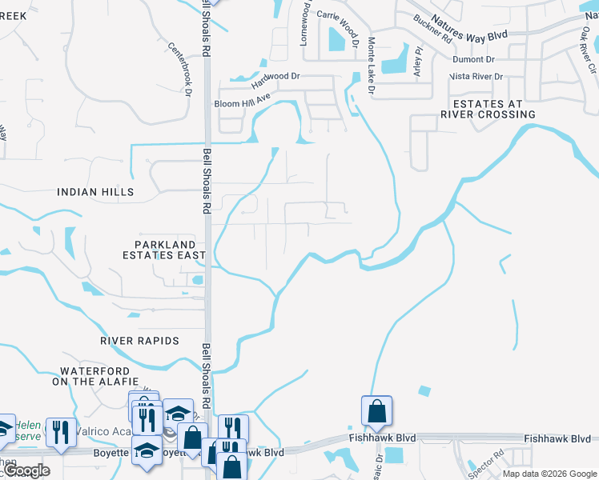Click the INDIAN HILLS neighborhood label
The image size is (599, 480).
click(95, 192)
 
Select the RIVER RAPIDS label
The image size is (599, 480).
click(139, 341)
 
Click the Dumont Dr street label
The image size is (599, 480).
click(473, 59)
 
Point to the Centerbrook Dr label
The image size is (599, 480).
click(179, 70)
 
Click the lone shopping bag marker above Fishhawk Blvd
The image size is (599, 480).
click(376, 412)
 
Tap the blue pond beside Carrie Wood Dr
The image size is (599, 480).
click(335, 38)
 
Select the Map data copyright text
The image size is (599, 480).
click(549, 474)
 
